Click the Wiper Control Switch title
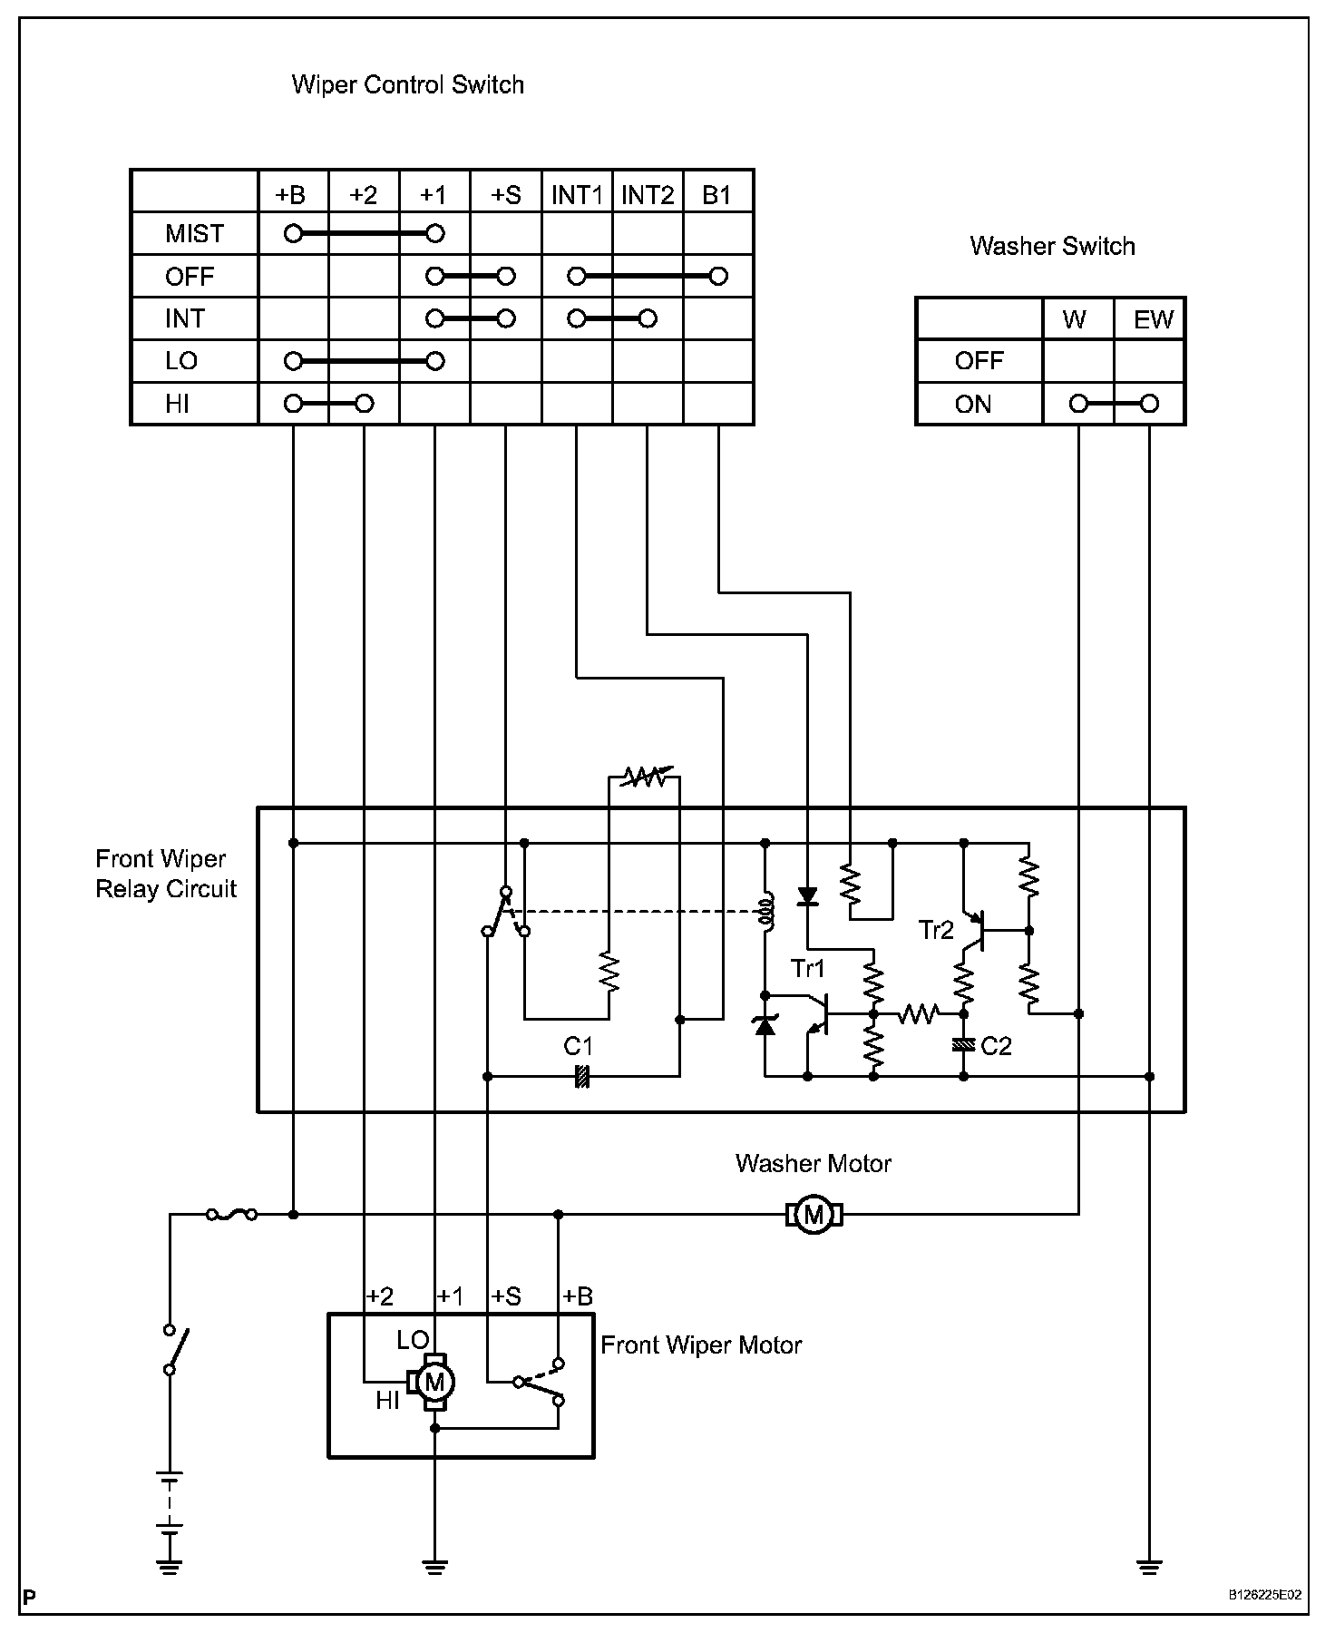click(x=407, y=85)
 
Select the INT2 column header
click(x=648, y=195)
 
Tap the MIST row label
click(x=194, y=234)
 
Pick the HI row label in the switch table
click(x=178, y=404)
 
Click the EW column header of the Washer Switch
click(x=1154, y=319)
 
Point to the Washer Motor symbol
click(x=814, y=1214)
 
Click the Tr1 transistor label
click(x=808, y=969)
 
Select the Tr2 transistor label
click(x=936, y=930)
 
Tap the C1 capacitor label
click(x=578, y=1046)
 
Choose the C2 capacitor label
click(x=996, y=1046)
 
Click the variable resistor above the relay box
click(x=643, y=777)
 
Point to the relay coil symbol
click(x=765, y=913)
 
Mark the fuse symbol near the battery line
click(x=231, y=1214)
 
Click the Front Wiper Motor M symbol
click(x=435, y=1383)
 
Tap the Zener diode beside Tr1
click(x=765, y=1026)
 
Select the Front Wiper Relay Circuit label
click(x=166, y=874)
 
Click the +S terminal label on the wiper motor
click(x=506, y=1296)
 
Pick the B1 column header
click(x=716, y=195)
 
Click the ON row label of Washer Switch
click(x=973, y=404)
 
